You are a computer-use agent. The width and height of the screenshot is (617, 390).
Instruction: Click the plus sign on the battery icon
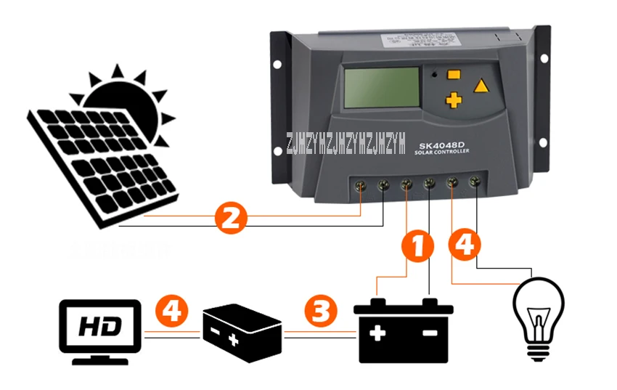[377, 333]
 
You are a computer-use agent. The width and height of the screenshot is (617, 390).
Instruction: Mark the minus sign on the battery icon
[430, 333]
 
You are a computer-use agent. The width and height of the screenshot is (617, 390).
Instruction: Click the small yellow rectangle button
[455, 73]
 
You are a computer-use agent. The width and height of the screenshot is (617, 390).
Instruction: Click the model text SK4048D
[444, 142]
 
